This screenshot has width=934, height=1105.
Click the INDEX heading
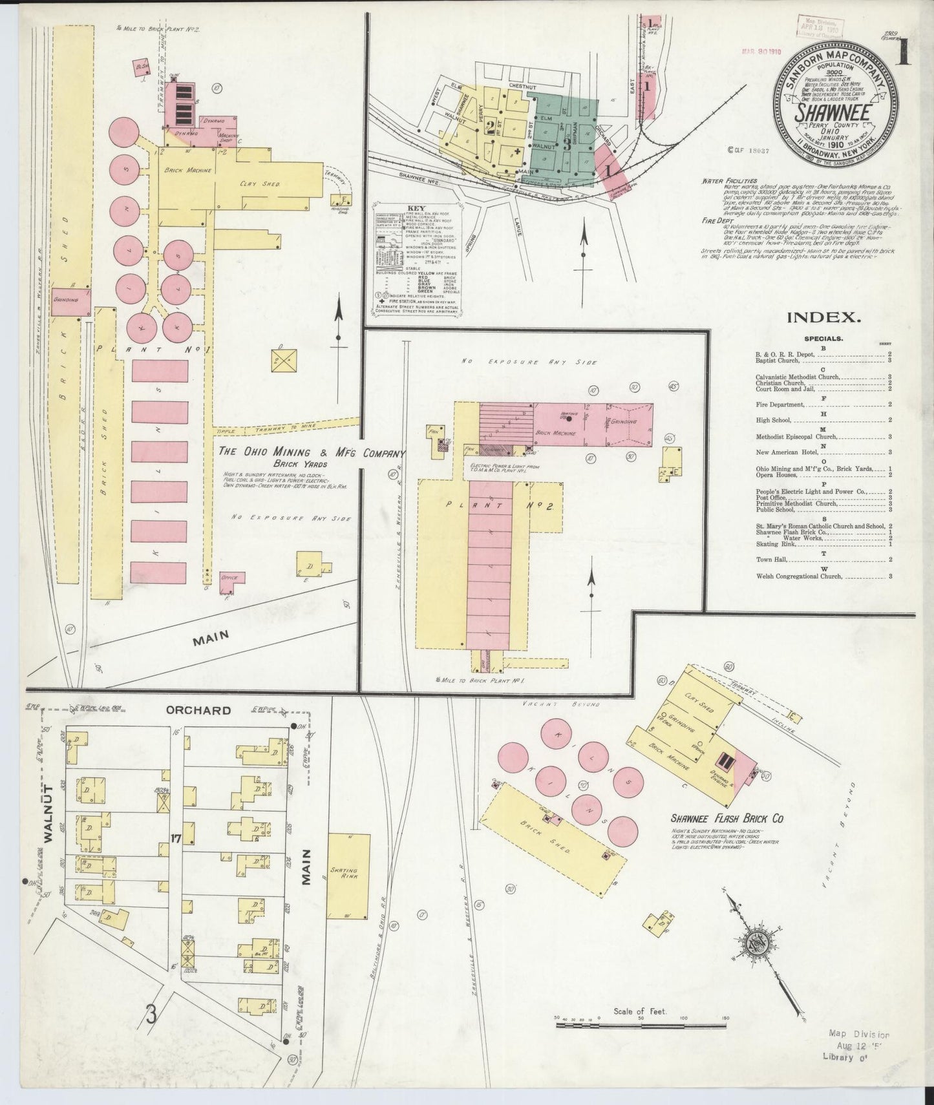pyautogui.click(x=823, y=317)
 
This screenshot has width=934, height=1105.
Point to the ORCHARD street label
pyautogui.click(x=198, y=710)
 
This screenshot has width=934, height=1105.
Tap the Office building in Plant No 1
pyautogui.click(x=231, y=577)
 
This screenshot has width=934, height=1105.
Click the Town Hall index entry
pyautogui.click(x=770, y=560)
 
